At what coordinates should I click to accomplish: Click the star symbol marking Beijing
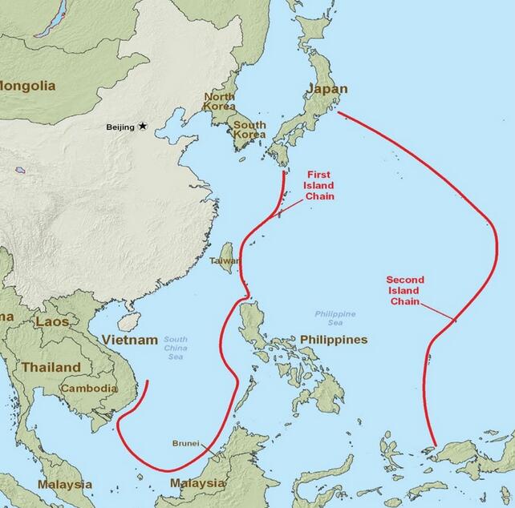pyautogui.click(x=143, y=126)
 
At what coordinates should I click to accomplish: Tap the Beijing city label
pyautogui.click(x=120, y=127)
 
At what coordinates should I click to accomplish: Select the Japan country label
pyautogui.click(x=328, y=89)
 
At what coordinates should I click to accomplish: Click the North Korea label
pyautogui.click(x=219, y=101)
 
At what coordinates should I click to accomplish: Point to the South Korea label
pyautogui.click(x=249, y=130)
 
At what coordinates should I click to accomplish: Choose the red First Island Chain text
pyautogui.click(x=318, y=185)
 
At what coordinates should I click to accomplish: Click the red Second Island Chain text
pyautogui.click(x=405, y=290)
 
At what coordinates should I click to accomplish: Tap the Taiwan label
pyautogui.click(x=223, y=261)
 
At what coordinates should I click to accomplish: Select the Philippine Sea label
pyautogui.click(x=335, y=318)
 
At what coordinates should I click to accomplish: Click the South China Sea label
pyautogui.click(x=176, y=348)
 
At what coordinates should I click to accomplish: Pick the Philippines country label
pyautogui.click(x=334, y=340)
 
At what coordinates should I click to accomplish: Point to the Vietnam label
pyautogui.click(x=130, y=341)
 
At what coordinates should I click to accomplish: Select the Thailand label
pyautogui.click(x=51, y=367)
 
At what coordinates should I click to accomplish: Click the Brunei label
pyautogui.click(x=186, y=442)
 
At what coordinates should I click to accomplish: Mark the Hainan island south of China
pyautogui.click(x=128, y=321)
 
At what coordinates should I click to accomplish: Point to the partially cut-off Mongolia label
pyautogui.click(x=28, y=85)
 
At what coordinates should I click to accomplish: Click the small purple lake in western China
pyautogui.click(x=19, y=169)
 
